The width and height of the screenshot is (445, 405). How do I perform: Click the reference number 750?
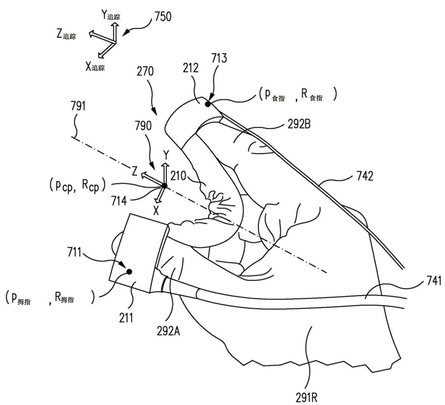[163, 17]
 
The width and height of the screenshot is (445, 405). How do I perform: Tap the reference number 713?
[219, 58]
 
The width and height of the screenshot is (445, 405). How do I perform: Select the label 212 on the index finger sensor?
[190, 68]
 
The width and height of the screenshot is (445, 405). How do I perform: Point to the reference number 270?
[145, 71]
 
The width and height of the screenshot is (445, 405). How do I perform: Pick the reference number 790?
[143, 126]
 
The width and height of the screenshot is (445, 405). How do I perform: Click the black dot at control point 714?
[164, 185]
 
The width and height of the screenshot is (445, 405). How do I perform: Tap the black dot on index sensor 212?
[207, 104]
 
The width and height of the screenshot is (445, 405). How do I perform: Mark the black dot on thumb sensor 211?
[129, 272]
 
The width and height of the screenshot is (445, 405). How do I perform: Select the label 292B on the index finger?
[299, 124]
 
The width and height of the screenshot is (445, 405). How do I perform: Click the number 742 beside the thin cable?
[365, 176]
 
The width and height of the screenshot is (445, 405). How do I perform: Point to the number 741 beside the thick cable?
[434, 280]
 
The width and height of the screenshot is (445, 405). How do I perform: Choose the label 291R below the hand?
[307, 397]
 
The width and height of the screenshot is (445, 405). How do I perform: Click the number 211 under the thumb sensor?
[126, 317]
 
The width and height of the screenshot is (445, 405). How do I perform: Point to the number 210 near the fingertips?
[178, 175]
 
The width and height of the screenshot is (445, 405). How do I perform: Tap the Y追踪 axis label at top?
[111, 15]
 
